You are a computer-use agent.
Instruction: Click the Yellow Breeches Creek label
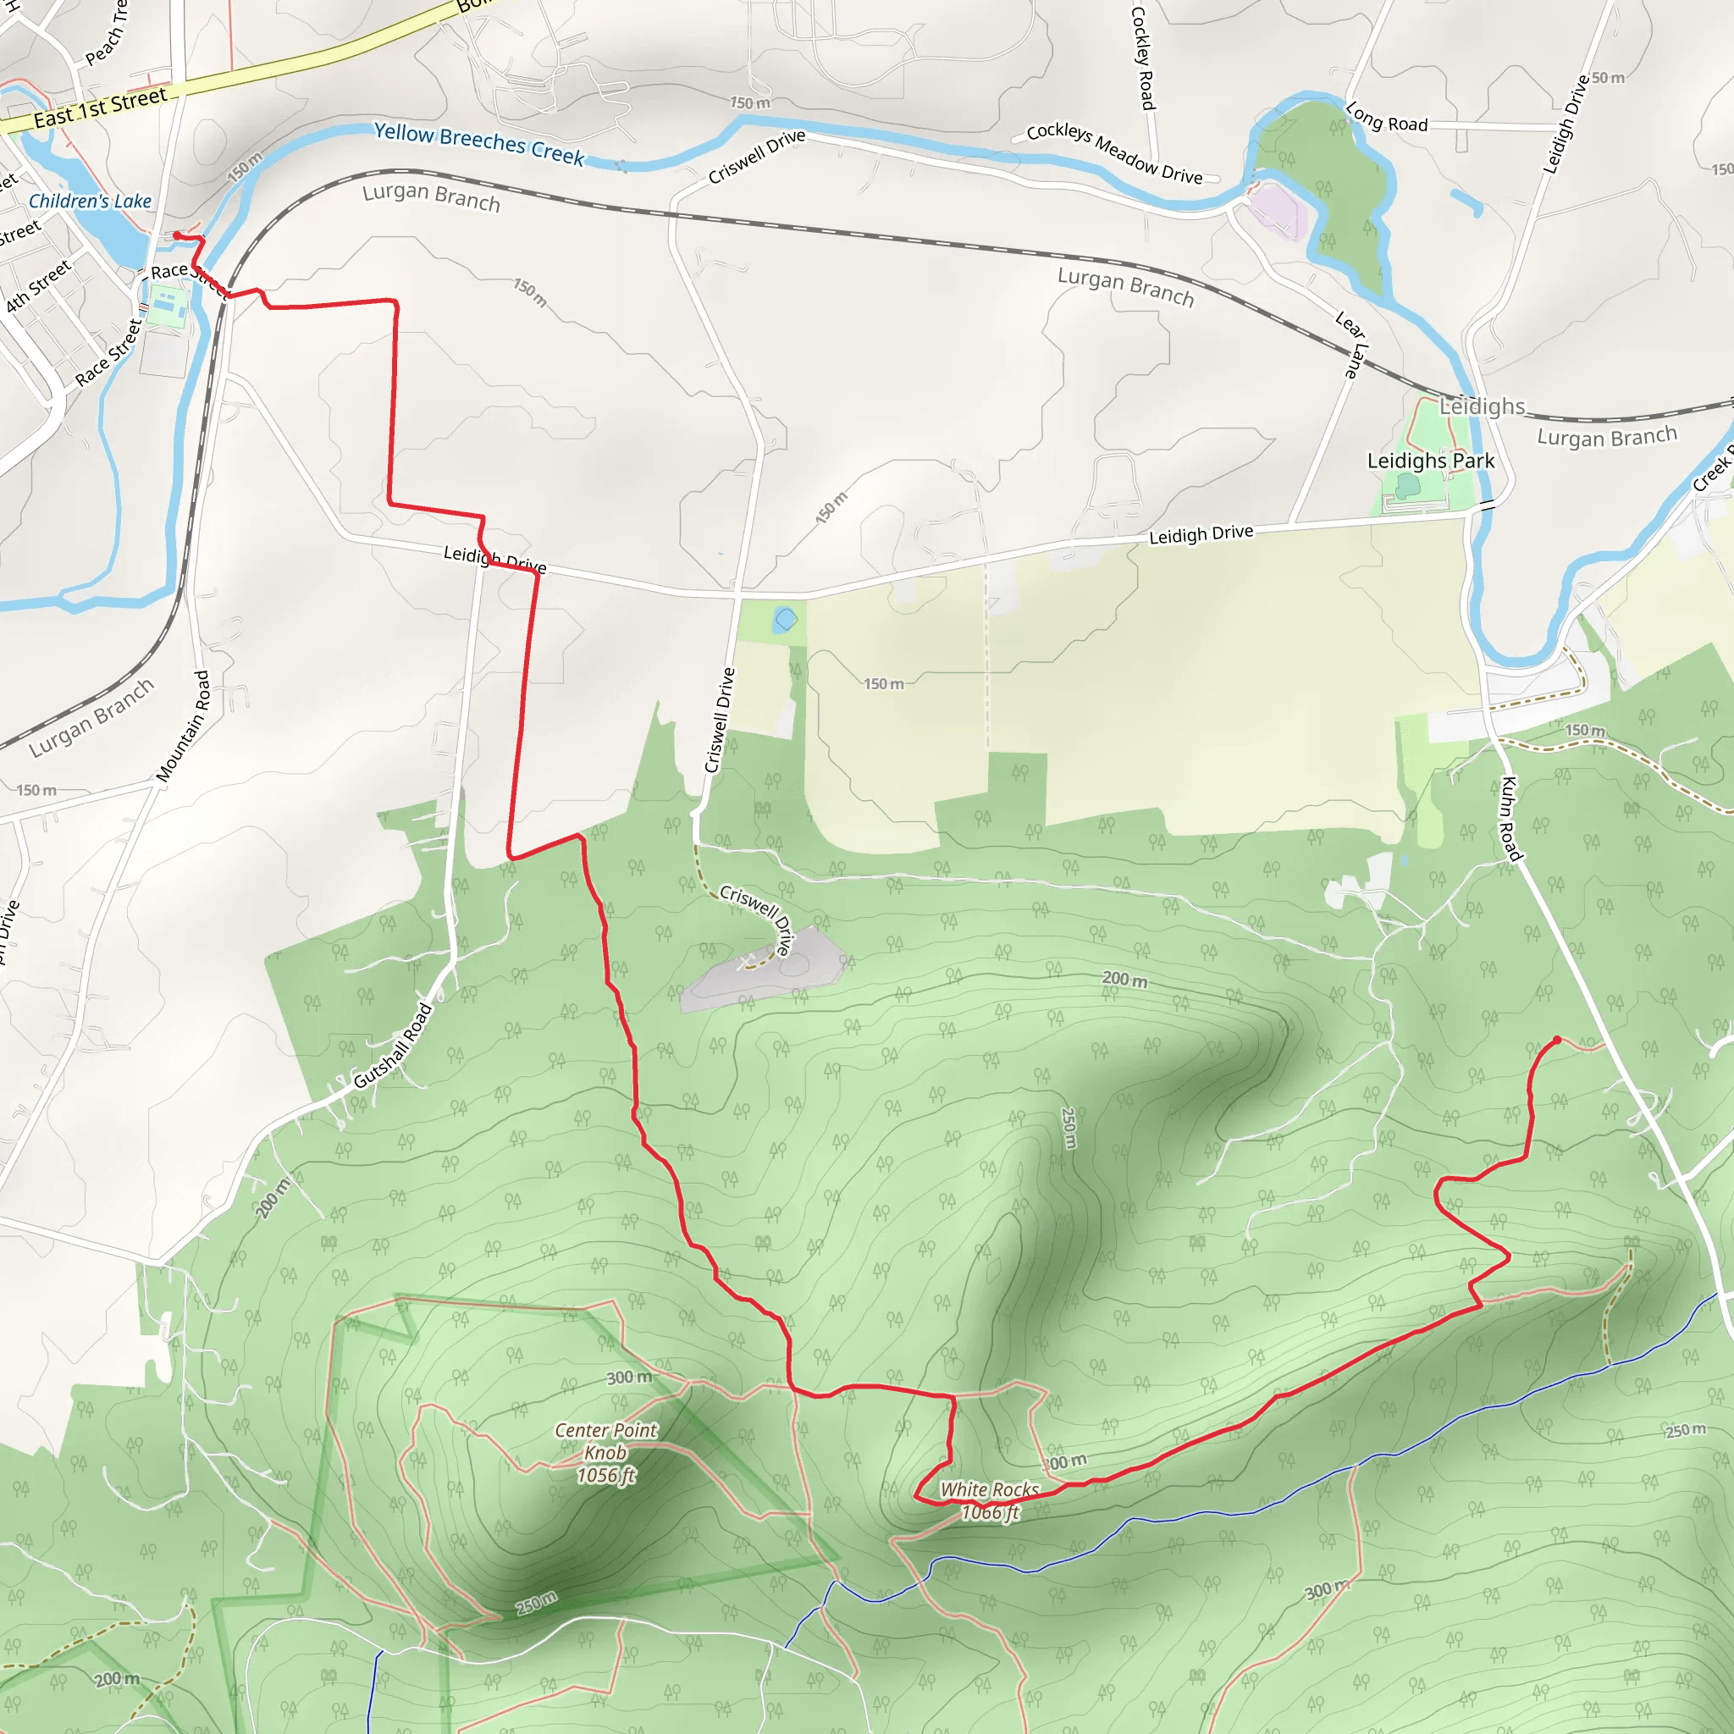tap(478, 143)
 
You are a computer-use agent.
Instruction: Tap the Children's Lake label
tap(90, 201)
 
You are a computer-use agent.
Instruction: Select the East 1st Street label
tap(100, 108)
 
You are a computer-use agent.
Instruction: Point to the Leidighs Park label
tap(1430, 461)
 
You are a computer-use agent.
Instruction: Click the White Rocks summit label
tap(989, 1490)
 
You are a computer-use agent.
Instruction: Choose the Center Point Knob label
tap(606, 1441)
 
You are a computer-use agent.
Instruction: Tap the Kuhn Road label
tap(1510, 818)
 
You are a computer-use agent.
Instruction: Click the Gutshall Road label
tap(393, 1046)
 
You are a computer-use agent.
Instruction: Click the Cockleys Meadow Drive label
tap(1114, 153)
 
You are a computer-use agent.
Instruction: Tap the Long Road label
tap(1386, 117)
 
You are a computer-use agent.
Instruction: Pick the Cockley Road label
tap(1141, 58)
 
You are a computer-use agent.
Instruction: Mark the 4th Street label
tap(38, 286)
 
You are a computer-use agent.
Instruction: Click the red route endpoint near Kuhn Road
tap(1557, 1040)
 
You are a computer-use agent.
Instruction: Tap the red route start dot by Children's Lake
tap(177, 235)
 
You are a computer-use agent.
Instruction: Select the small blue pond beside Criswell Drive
tap(786, 619)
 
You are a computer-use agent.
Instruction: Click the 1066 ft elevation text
tap(990, 1513)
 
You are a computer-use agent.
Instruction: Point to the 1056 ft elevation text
tap(606, 1476)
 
